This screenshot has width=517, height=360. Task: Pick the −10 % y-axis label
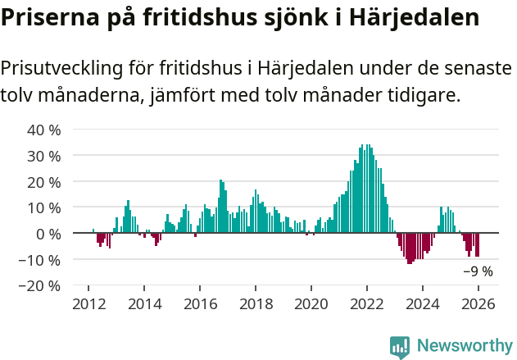pos(39,260)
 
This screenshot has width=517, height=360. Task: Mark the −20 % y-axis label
pos(39,286)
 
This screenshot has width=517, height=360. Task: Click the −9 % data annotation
pos(478,271)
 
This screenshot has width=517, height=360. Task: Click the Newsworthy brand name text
pos(464,346)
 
